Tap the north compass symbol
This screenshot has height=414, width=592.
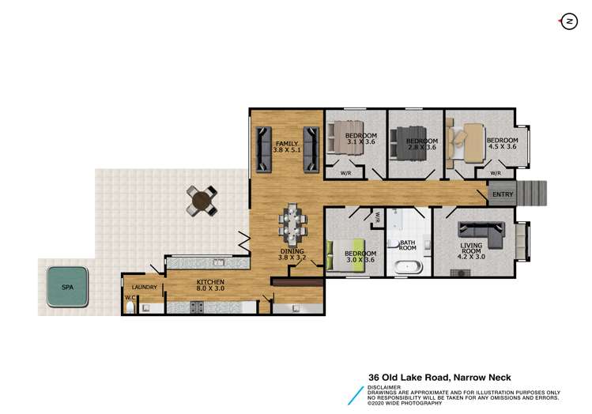pyautogui.click(x=568, y=22)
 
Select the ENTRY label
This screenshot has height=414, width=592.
pyautogui.click(x=503, y=194)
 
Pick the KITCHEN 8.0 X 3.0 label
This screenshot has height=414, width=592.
pyautogui.click(x=211, y=286)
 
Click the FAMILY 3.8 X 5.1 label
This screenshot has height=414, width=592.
pyautogui.click(x=286, y=146)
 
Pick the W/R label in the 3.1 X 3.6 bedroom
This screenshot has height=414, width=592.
pyautogui.click(x=345, y=173)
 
